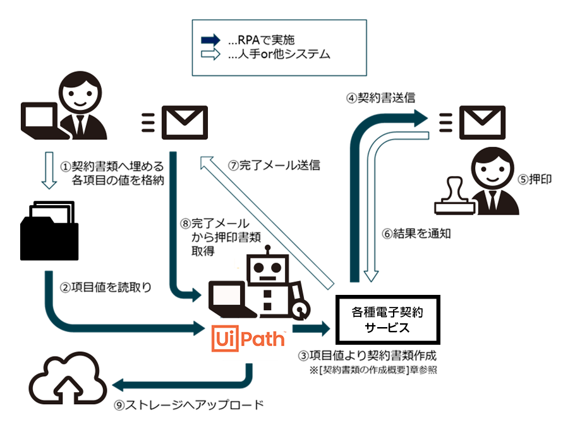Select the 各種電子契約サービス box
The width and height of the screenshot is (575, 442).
[386, 319]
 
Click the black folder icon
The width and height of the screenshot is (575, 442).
[49, 228]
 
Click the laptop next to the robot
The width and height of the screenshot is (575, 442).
[229, 300]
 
